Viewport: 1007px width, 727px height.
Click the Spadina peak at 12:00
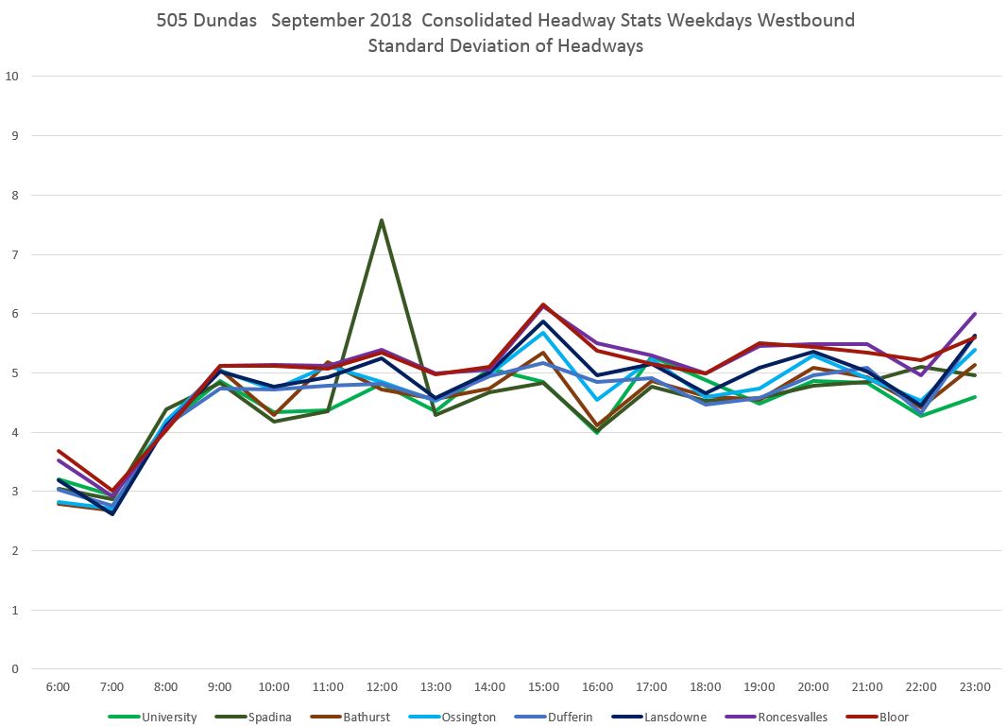pyautogui.click(x=381, y=220)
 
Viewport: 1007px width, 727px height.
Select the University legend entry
pyautogui.click(x=169, y=717)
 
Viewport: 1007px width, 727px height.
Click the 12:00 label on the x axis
pyautogui.click(x=381, y=687)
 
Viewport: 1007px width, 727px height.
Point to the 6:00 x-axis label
pyautogui.click(x=58, y=687)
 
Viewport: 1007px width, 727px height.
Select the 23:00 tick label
pyautogui.click(x=975, y=687)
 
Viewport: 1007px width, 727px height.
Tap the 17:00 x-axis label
pyautogui.click(x=651, y=687)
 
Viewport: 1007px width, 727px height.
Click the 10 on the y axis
pyautogui.click(x=12, y=77)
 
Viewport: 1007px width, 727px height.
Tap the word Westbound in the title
pyautogui.click(x=811, y=20)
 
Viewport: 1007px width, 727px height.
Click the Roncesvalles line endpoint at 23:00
pyautogui.click(x=975, y=314)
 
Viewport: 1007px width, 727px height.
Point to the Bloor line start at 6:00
pyautogui.click(x=58, y=451)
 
